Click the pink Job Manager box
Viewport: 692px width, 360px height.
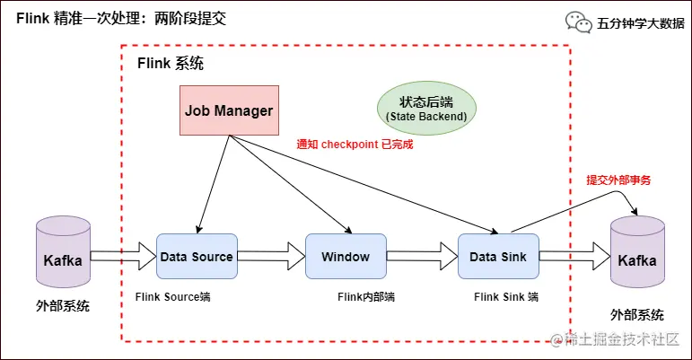point(228,110)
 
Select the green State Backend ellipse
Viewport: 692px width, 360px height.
point(426,109)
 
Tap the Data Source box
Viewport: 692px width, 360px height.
point(197,257)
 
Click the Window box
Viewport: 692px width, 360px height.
point(346,257)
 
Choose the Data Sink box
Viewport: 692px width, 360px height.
point(498,257)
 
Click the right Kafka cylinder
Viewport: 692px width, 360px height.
point(637,259)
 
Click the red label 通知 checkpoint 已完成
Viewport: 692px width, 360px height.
point(355,144)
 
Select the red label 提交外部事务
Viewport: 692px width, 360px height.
point(618,180)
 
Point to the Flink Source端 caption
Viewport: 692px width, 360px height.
point(172,296)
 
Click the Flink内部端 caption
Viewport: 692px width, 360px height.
point(366,296)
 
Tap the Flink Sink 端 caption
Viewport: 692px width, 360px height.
point(506,296)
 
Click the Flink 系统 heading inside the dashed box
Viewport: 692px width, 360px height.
point(170,64)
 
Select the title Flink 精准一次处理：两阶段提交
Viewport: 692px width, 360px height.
point(120,18)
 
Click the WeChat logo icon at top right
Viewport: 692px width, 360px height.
point(577,22)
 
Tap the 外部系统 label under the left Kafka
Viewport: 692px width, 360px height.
point(64,306)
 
